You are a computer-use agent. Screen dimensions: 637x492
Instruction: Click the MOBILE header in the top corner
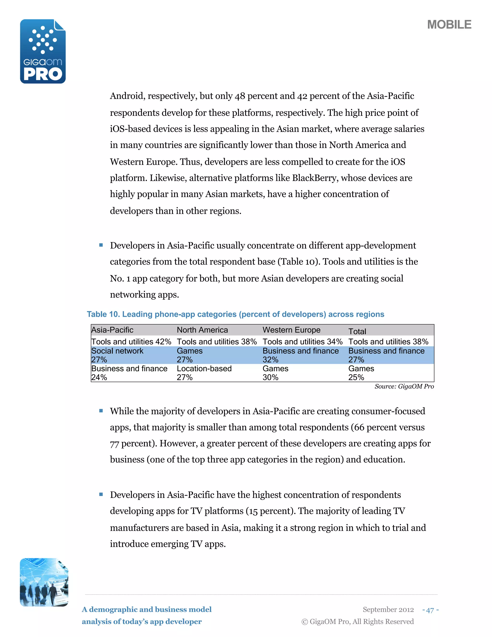pyautogui.click(x=449, y=25)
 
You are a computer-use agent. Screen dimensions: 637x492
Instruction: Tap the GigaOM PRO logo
pyautogui.click(x=43, y=52)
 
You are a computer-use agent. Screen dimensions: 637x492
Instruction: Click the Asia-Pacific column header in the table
pyautogui.click(x=112, y=330)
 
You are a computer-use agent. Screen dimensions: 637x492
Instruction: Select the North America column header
pyautogui.click(x=202, y=330)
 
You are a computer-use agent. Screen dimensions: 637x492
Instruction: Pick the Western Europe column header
pyautogui.click(x=291, y=330)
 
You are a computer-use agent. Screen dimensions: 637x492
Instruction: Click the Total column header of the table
pyautogui.click(x=357, y=331)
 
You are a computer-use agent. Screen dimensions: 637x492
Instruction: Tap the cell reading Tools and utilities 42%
pyautogui.click(x=131, y=342)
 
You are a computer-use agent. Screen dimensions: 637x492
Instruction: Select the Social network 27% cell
pyautogui.click(x=117, y=355)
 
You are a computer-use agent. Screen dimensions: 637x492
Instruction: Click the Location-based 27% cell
pyautogui.click(x=204, y=373)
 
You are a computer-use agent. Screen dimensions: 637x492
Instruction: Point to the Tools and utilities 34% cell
pyautogui.click(x=302, y=342)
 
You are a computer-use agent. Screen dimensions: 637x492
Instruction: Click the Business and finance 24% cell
pyautogui.click(x=129, y=373)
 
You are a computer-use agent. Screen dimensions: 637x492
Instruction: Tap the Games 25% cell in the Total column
pyautogui.click(x=361, y=373)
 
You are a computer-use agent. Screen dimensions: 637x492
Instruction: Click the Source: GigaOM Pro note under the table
pyautogui.click(x=404, y=387)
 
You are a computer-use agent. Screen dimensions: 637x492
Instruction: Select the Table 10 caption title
pyautogui.click(x=235, y=314)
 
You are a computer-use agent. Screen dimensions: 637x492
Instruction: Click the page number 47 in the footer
pyautogui.click(x=430, y=610)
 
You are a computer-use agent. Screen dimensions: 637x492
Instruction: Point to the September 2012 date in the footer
pyautogui.click(x=388, y=610)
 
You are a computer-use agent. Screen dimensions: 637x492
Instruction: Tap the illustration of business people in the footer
pyautogui.click(x=44, y=582)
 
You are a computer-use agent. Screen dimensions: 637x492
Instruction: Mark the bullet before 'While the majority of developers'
pyautogui.click(x=101, y=411)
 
